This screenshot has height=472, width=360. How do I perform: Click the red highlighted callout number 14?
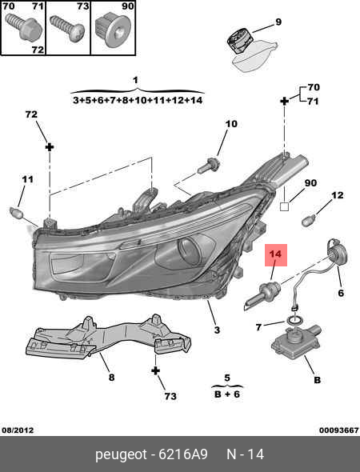pos(276,255)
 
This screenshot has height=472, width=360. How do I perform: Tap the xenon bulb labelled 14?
pos(262,296)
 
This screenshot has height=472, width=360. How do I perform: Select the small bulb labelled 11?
pos(17,213)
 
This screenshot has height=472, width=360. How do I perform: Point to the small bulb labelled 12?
pos(310,221)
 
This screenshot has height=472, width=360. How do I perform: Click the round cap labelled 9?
pos(239,42)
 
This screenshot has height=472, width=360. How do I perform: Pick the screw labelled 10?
pos(208,166)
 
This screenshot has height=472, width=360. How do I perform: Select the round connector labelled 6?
pos(337,254)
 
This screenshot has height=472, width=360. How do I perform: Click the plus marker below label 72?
pos(50,147)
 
